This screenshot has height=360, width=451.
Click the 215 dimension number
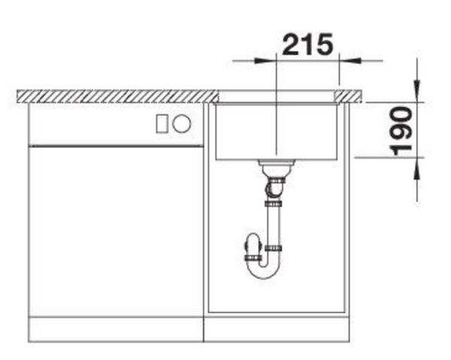tap(307, 44)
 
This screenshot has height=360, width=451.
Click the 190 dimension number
tap(401, 131)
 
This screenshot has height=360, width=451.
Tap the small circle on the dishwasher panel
tap(181, 124)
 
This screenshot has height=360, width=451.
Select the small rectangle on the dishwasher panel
tap(162, 124)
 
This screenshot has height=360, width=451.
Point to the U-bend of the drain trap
tap(264, 272)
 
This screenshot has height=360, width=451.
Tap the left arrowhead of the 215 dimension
tap(265, 61)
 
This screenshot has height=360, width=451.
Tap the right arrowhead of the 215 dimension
tap(350, 61)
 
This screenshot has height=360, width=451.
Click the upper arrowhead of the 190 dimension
tap(416, 92)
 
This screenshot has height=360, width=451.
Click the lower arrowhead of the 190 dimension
tap(416, 168)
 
